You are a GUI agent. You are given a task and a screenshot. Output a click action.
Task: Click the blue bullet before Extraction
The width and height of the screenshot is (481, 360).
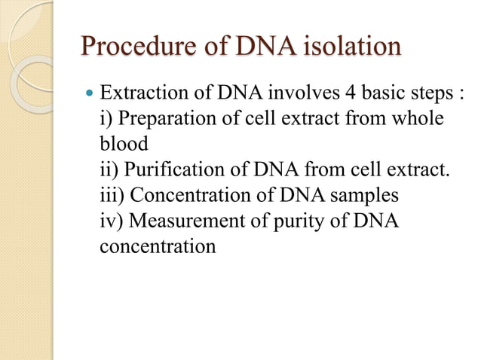(x=91, y=97)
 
